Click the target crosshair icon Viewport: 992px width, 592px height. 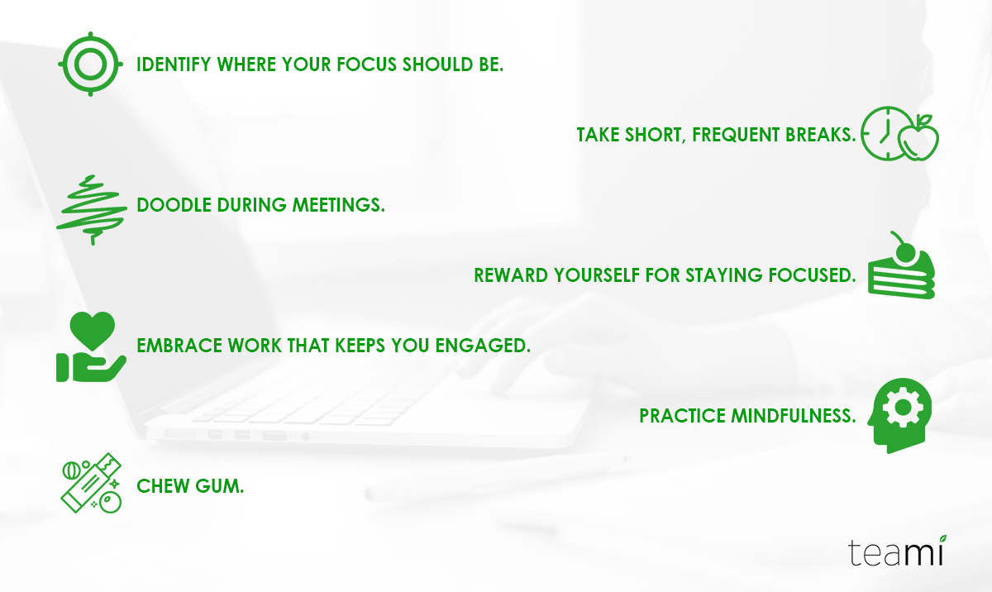[90, 64]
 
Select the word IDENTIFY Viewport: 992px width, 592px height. [174, 64]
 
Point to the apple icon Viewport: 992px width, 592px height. [919, 139]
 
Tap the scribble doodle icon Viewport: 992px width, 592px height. [92, 209]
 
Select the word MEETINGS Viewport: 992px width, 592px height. [339, 205]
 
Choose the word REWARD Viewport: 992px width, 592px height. [511, 275]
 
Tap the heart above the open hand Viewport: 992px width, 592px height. [92, 331]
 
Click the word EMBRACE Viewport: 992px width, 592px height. [179, 346]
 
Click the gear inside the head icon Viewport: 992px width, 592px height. [903, 407]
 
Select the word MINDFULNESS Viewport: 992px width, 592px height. [793, 416]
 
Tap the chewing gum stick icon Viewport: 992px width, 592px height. [91, 483]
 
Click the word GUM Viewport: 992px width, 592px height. [220, 486]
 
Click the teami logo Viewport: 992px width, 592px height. [897, 551]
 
